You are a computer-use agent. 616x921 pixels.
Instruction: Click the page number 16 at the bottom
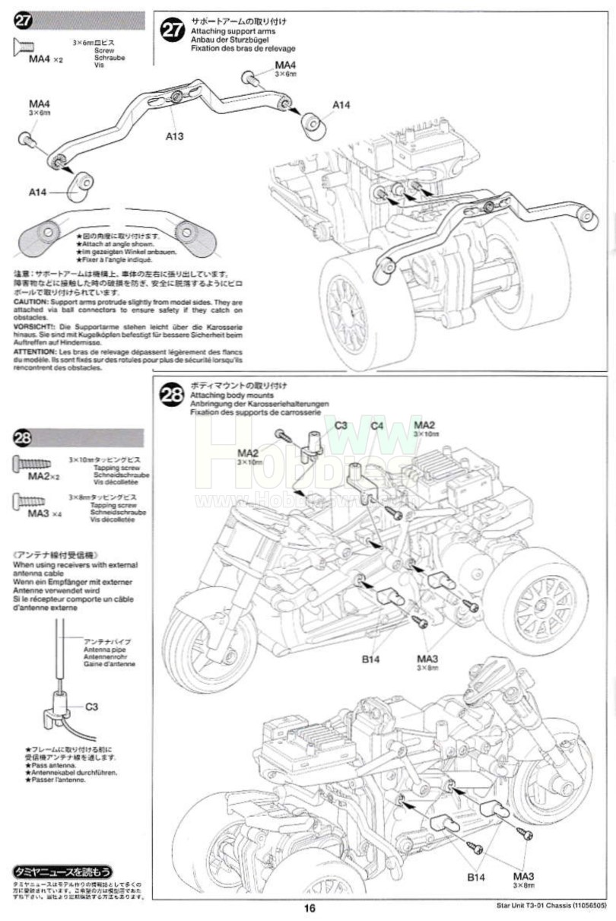(309, 907)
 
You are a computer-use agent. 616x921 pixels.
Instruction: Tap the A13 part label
(175, 136)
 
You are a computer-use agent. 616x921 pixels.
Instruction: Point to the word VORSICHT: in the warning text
(33, 326)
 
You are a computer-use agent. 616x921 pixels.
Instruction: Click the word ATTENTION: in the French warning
(34, 352)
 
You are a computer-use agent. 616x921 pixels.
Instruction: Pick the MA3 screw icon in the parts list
(29, 501)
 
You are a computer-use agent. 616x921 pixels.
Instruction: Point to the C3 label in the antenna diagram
(91, 707)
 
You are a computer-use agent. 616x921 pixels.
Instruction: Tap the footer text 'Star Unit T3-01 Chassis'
(525, 907)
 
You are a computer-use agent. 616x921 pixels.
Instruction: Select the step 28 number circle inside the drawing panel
(173, 394)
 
